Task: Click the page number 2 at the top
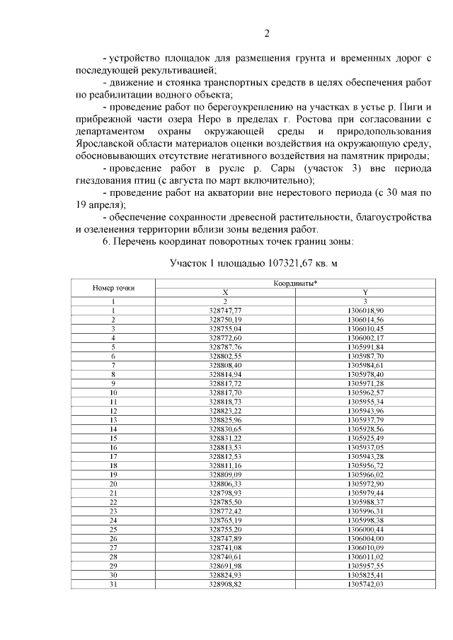(267, 33)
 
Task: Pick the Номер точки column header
(113, 288)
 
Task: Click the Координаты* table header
(295, 283)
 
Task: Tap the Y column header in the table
(365, 292)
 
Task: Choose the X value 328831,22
(226, 438)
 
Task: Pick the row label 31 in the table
(113, 585)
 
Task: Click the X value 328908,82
(226, 585)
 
